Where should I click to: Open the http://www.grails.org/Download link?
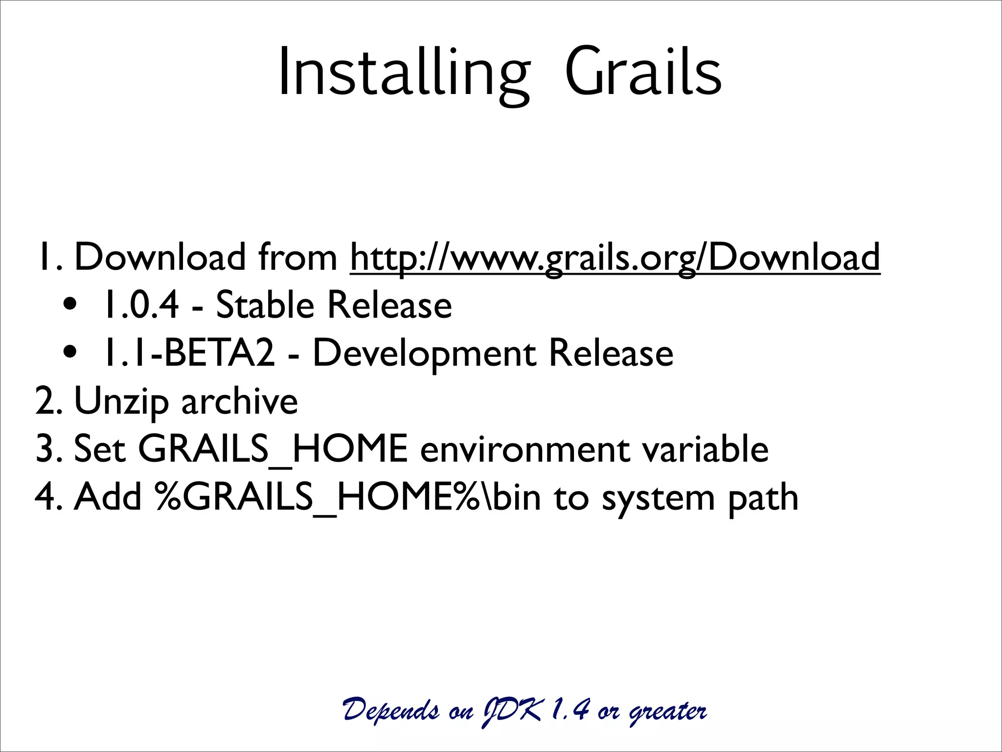(615, 258)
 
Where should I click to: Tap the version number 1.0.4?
(141, 305)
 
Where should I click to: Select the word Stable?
(265, 305)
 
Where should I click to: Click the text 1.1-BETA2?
(189, 353)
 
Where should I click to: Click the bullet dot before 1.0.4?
(70, 305)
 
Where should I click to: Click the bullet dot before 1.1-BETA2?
(70, 352)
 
